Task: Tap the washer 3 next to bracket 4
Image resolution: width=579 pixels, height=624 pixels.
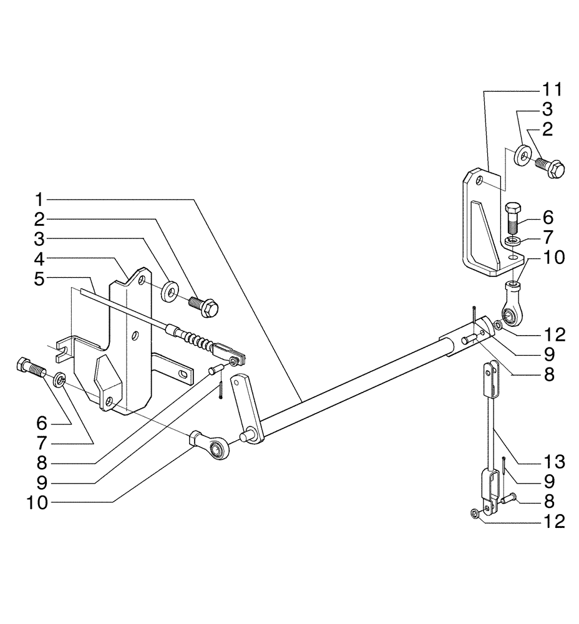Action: point(168,290)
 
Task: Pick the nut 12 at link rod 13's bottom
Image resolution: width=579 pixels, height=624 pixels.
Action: point(475,514)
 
